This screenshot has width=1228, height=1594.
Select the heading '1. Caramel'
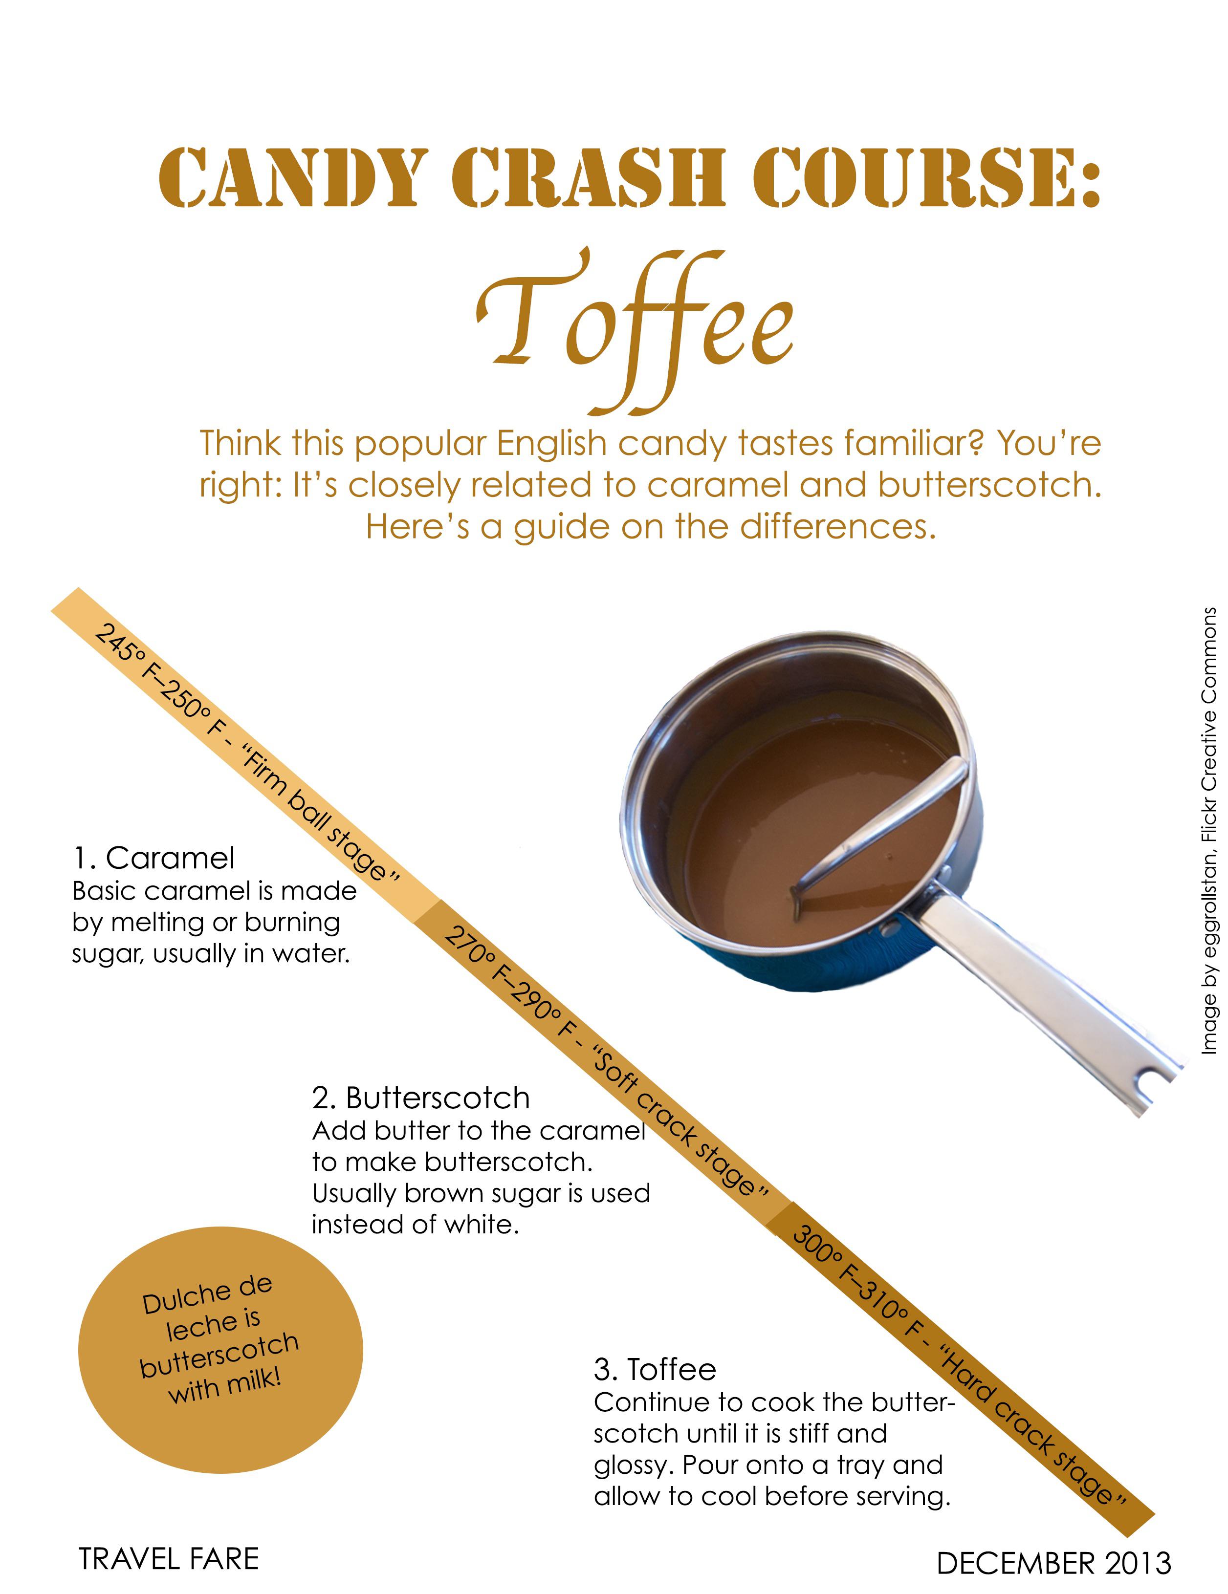click(153, 858)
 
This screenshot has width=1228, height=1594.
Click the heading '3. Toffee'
click(655, 1369)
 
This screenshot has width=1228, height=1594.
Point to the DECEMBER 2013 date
click(1053, 1563)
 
